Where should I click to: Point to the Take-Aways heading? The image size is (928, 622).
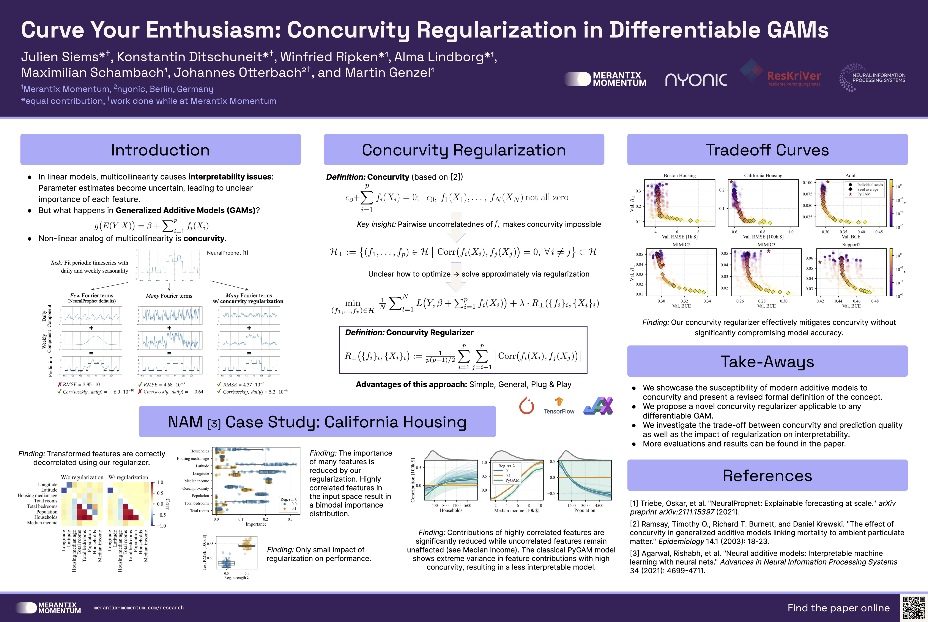[x=767, y=361]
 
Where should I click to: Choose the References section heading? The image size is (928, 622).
[x=767, y=475]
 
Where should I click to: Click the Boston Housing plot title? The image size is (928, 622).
[x=680, y=175]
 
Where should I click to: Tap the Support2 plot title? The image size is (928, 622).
[x=851, y=245]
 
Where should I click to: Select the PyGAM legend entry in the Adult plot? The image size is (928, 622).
[x=864, y=194]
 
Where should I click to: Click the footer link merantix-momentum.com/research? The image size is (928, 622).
[x=139, y=608]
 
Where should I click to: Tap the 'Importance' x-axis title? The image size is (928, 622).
[x=256, y=524]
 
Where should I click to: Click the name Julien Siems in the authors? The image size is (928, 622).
[x=59, y=57]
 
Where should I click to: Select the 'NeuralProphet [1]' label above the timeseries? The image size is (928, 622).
[x=227, y=253]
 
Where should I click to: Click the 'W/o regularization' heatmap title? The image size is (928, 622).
[x=82, y=477]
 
